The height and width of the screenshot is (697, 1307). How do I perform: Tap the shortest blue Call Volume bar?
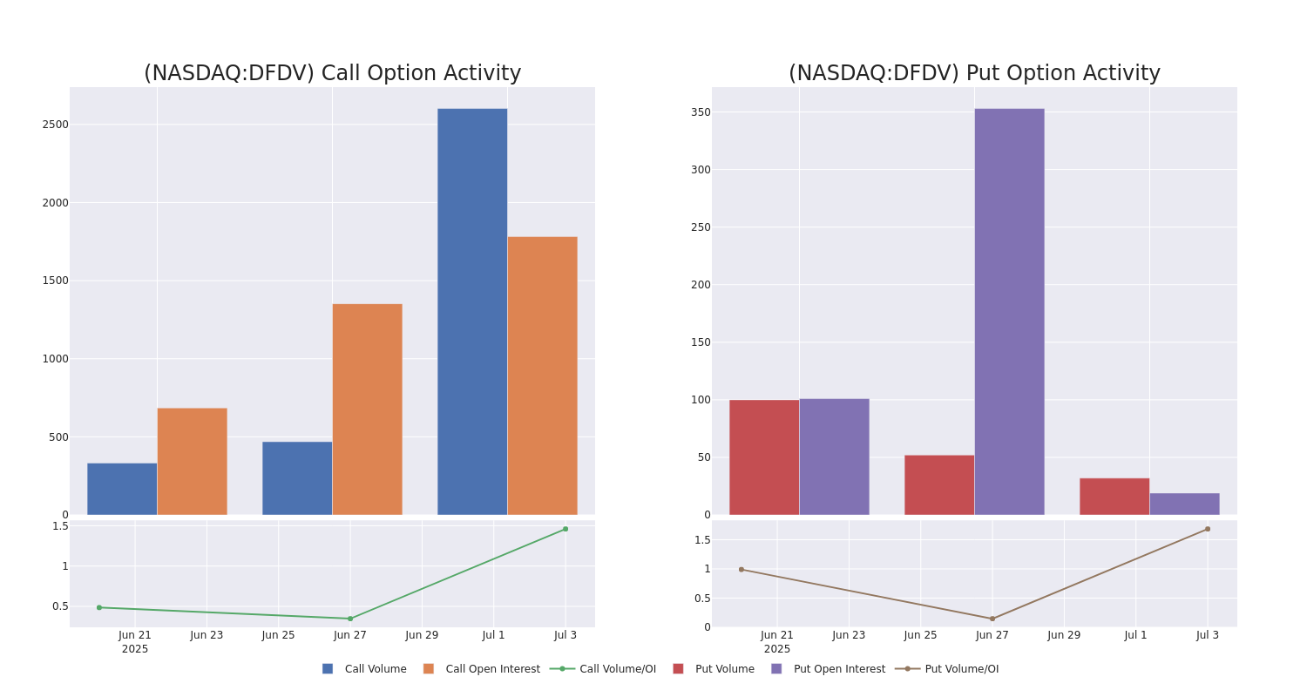122,489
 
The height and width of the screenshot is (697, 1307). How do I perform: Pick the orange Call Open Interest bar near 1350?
367,409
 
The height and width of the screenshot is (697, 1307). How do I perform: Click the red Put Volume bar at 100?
764,457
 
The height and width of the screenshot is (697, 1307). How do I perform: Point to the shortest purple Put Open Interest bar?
1184,504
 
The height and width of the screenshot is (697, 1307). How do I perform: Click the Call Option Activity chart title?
332,74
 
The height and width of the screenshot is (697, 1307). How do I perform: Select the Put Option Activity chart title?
974,74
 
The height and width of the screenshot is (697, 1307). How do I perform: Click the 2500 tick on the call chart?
55,125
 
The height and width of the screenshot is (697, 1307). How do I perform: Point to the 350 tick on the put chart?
701,112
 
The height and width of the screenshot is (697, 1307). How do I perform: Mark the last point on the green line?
565,529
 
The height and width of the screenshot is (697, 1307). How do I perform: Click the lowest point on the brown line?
992,619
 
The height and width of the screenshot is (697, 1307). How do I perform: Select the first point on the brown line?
742,570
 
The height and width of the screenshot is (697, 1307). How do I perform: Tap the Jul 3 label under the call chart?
565,635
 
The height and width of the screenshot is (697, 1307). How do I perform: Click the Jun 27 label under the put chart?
992,635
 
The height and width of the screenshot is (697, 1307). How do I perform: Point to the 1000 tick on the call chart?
55,359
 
